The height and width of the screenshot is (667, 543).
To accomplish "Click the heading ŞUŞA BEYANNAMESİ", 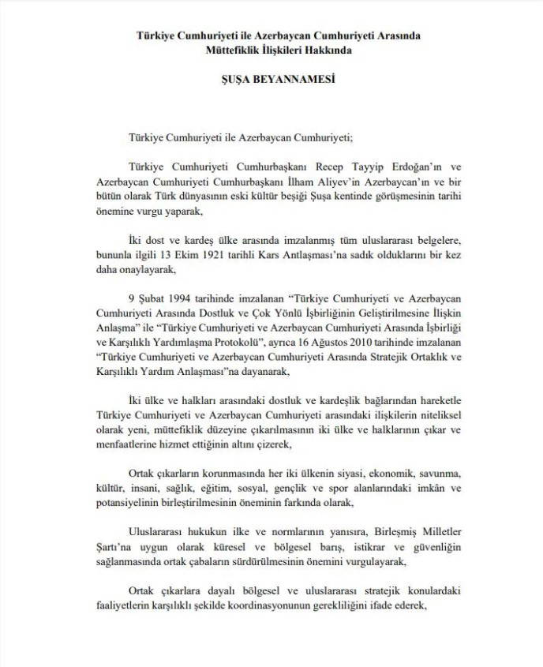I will click(x=271, y=80).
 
